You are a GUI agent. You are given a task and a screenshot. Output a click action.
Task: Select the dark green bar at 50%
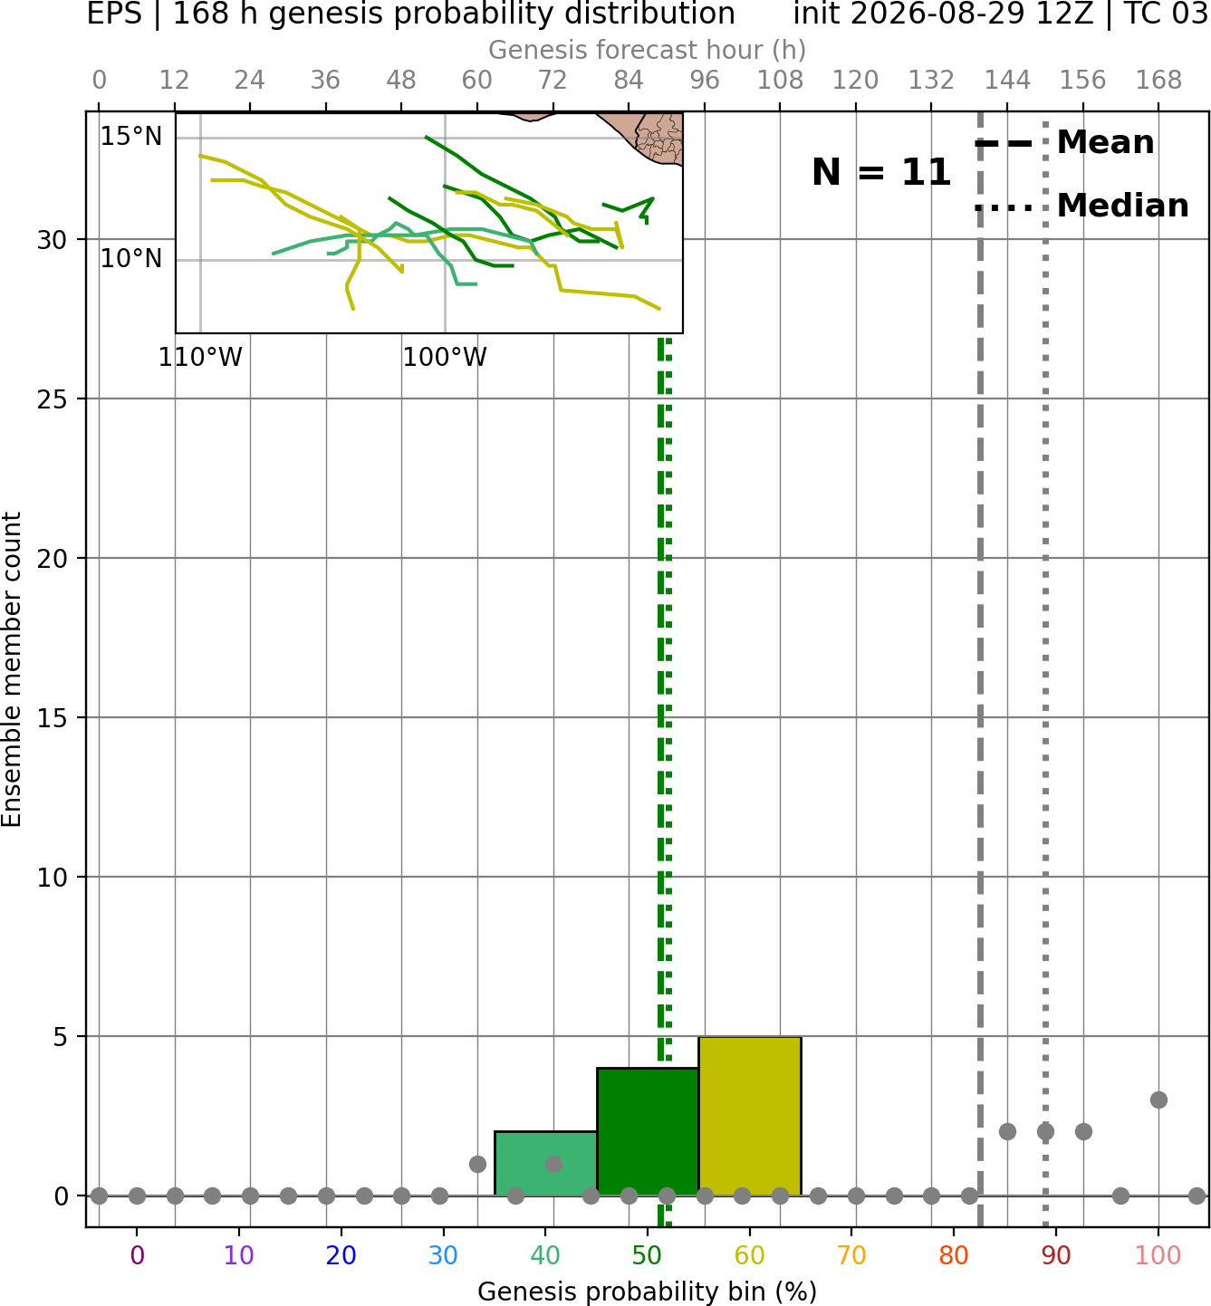648,1132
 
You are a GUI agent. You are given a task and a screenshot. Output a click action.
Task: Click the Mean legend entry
1064,142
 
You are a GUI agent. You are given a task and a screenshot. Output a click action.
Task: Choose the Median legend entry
1081,206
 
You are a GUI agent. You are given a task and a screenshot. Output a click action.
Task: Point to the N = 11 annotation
881,172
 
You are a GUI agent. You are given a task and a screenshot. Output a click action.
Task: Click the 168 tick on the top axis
1159,81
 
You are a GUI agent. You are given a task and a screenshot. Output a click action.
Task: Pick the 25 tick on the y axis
53,399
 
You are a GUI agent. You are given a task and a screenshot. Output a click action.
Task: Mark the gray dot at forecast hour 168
1159,1100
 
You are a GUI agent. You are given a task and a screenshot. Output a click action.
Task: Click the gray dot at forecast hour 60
477,1164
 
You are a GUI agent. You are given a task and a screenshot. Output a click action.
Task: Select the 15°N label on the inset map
131,137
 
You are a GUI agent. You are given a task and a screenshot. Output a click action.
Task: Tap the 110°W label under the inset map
200,357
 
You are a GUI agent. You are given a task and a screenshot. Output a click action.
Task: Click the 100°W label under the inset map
445,357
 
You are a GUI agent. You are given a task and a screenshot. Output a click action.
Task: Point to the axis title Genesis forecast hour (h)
648,50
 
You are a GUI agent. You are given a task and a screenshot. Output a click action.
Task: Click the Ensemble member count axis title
12,669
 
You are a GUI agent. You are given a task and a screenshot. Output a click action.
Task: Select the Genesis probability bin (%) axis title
648,1292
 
